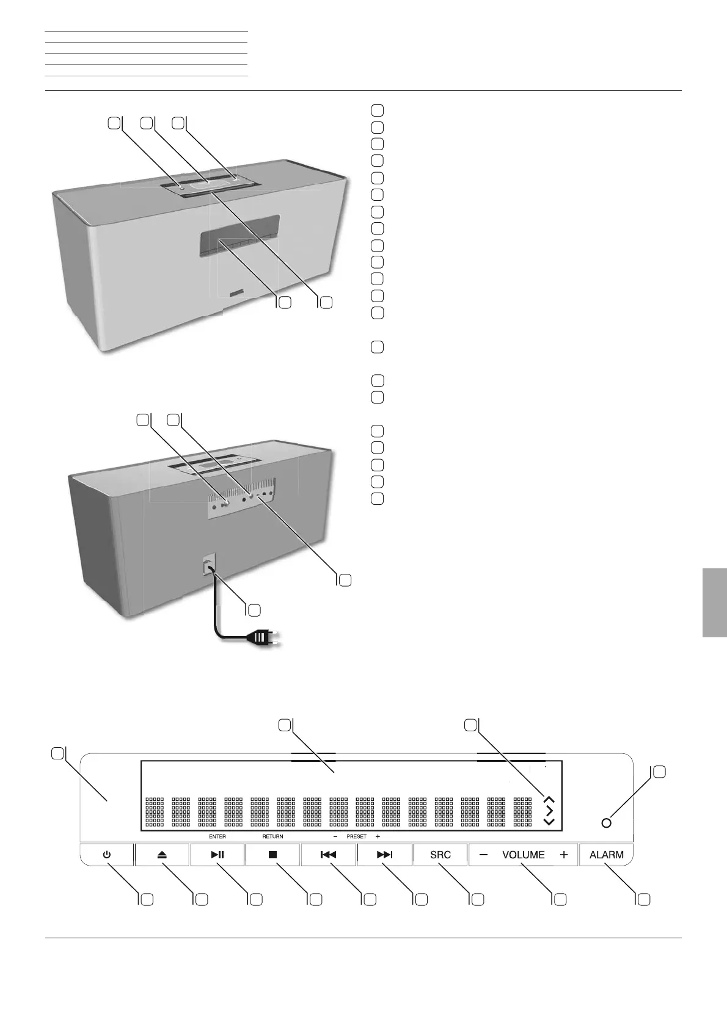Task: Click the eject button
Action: point(162,855)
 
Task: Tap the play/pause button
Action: point(217,855)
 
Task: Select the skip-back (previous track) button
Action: point(328,855)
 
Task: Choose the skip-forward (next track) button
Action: point(384,855)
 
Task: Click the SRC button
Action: point(440,855)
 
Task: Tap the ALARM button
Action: point(606,855)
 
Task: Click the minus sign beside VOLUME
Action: point(483,855)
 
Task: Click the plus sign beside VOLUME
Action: point(563,855)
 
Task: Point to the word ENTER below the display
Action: point(217,836)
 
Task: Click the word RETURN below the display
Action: point(272,836)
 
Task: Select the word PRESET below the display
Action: point(356,836)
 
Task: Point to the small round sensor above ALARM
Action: point(606,823)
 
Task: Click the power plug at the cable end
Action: point(259,638)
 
